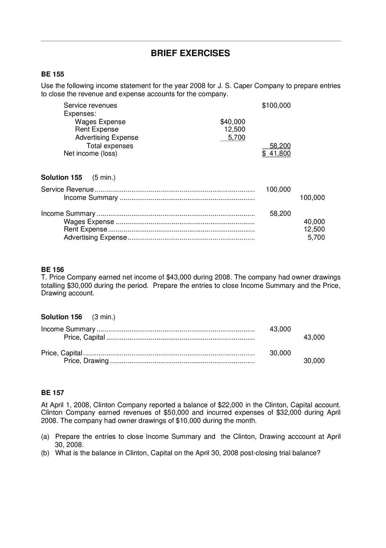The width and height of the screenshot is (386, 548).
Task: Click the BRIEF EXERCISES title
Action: tap(190, 53)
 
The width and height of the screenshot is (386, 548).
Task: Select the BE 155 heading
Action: tap(53, 74)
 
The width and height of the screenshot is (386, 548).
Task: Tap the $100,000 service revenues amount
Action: tap(276, 105)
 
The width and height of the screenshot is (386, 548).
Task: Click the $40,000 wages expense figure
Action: tap(232, 122)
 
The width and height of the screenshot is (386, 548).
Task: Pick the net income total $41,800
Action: tap(276, 153)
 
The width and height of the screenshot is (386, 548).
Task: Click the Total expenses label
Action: tap(110, 146)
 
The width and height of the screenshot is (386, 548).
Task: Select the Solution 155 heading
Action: tap(61, 178)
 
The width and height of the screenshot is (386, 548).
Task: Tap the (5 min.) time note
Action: tap(104, 178)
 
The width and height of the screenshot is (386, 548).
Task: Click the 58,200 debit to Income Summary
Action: tap(280, 214)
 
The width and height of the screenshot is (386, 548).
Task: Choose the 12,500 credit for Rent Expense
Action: tap(314, 229)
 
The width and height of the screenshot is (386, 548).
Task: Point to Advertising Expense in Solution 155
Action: tap(95, 238)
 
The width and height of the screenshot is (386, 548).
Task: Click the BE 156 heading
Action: tap(53, 269)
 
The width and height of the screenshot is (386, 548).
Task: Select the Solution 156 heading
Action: tap(61, 317)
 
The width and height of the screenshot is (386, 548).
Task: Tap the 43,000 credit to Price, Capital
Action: tap(314, 338)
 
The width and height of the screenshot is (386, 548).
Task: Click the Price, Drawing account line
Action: tap(86, 361)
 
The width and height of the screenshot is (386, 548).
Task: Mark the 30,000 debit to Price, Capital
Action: tap(280, 353)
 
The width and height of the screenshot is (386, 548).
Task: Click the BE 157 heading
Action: tap(53, 392)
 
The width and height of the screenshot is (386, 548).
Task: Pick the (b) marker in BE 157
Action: tap(45, 453)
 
